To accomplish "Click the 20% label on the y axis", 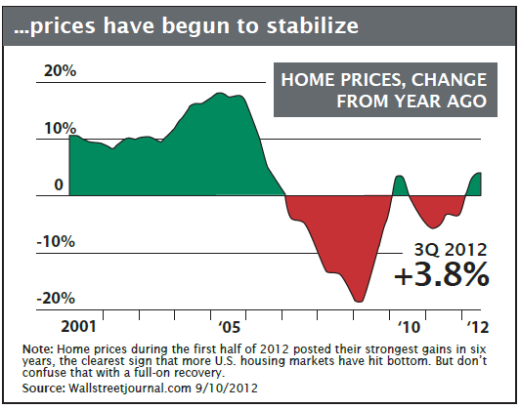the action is pos(60,71).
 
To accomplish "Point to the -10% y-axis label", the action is pos(56,242).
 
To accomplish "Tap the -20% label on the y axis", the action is pos(56,299).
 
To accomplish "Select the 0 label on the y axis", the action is pos(59,184).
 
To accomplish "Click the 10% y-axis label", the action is pos(60,128).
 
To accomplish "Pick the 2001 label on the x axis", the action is pos(78,327).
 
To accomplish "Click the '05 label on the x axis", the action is pos(229,327).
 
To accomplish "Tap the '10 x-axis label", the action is pos(409,327).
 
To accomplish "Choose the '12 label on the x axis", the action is pos(478,327).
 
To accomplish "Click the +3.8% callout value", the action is pos(442,274).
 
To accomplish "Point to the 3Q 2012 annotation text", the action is pos(451,250).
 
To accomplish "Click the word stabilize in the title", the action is pos(313,25).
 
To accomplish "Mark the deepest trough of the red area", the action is pos(359,301).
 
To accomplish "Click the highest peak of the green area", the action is pos(219,94).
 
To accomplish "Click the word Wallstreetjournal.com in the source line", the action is pos(129,388).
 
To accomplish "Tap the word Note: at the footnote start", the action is pos(38,349).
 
